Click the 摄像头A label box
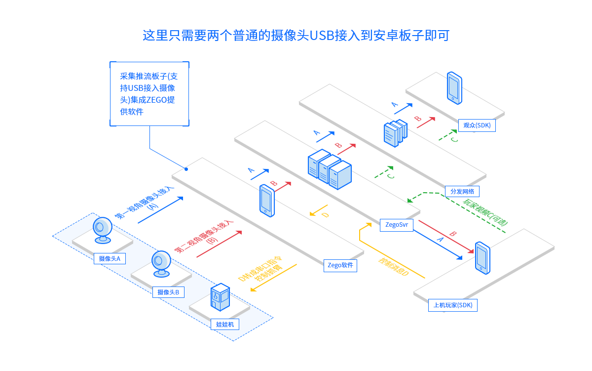[x=110, y=258]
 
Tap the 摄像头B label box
[x=168, y=292]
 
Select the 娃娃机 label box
[x=225, y=324]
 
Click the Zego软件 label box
[x=340, y=265]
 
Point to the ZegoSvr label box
[x=397, y=225]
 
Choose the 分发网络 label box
[x=462, y=191]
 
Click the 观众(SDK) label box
[x=477, y=125]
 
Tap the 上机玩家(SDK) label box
[x=452, y=305]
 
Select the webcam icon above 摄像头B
[x=161, y=263]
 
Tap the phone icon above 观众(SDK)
[x=454, y=88]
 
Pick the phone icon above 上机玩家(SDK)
[x=482, y=257]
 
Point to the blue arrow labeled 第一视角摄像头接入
[x=160, y=210]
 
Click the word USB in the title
[x=322, y=36]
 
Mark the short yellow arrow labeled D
[x=319, y=211]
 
